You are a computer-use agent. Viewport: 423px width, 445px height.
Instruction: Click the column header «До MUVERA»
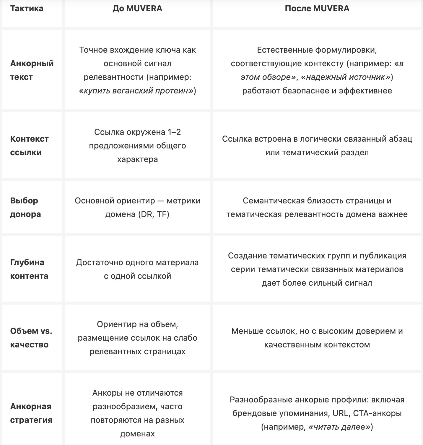point(137,8)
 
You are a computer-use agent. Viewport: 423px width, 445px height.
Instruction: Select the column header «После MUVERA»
point(317,8)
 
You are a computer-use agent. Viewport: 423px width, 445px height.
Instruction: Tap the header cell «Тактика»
point(27,8)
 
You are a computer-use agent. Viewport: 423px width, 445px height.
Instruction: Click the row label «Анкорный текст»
point(32,70)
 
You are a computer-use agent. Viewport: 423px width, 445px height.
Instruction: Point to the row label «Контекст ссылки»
point(29,145)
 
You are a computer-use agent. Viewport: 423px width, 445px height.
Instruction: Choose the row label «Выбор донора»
point(25,207)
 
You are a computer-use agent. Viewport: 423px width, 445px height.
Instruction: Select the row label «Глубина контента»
point(29,269)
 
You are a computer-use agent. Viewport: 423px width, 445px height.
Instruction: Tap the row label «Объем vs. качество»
point(31,338)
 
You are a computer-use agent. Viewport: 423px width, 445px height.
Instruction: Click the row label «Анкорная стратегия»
point(31,413)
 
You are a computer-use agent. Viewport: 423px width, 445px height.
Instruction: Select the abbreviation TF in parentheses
point(162,214)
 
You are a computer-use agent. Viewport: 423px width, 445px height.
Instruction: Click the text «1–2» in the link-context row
point(174,132)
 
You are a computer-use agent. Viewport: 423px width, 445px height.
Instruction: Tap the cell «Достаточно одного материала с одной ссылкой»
point(137,269)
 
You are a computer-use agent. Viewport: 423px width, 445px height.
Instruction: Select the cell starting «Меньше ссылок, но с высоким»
point(317,338)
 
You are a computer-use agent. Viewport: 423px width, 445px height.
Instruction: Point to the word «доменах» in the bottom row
point(137,434)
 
